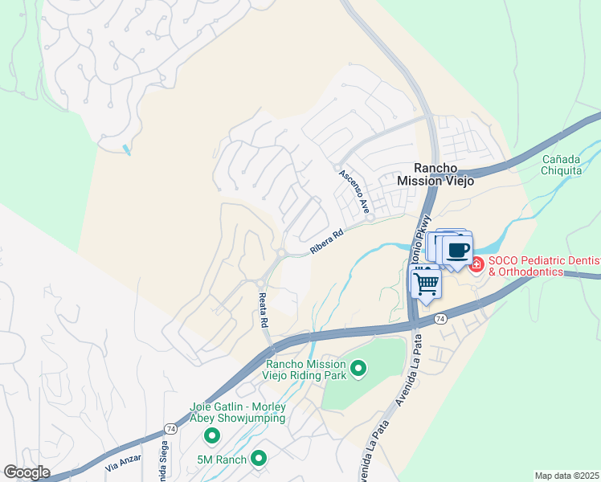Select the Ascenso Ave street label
pyautogui.click(x=354, y=190)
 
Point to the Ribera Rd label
pyautogui.click(x=326, y=242)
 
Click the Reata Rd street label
pyautogui.click(x=263, y=310)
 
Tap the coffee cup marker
pyautogui.click(x=458, y=249)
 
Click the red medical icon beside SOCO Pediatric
pyautogui.click(x=476, y=263)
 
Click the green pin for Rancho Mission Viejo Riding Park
pyautogui.click(x=358, y=369)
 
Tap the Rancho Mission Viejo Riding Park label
pyautogui.click(x=305, y=369)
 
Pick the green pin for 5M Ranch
pyautogui.click(x=259, y=458)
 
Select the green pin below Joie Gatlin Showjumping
pyautogui.click(x=212, y=435)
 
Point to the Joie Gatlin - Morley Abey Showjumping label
pyautogui.click(x=238, y=412)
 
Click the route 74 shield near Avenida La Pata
pyautogui.click(x=440, y=319)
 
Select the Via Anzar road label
pyautogui.click(x=122, y=465)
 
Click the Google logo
pyautogui.click(x=27, y=472)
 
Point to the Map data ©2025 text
pyautogui.click(x=566, y=476)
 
